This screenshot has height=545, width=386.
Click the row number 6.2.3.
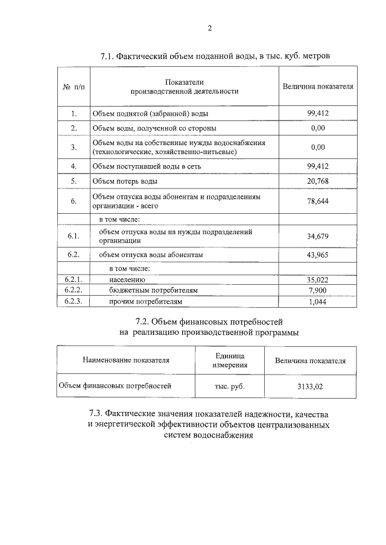click(x=74, y=301)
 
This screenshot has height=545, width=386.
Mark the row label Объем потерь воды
click(x=125, y=181)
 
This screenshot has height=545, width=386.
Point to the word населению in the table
click(x=127, y=280)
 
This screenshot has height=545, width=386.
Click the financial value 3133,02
click(x=310, y=387)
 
